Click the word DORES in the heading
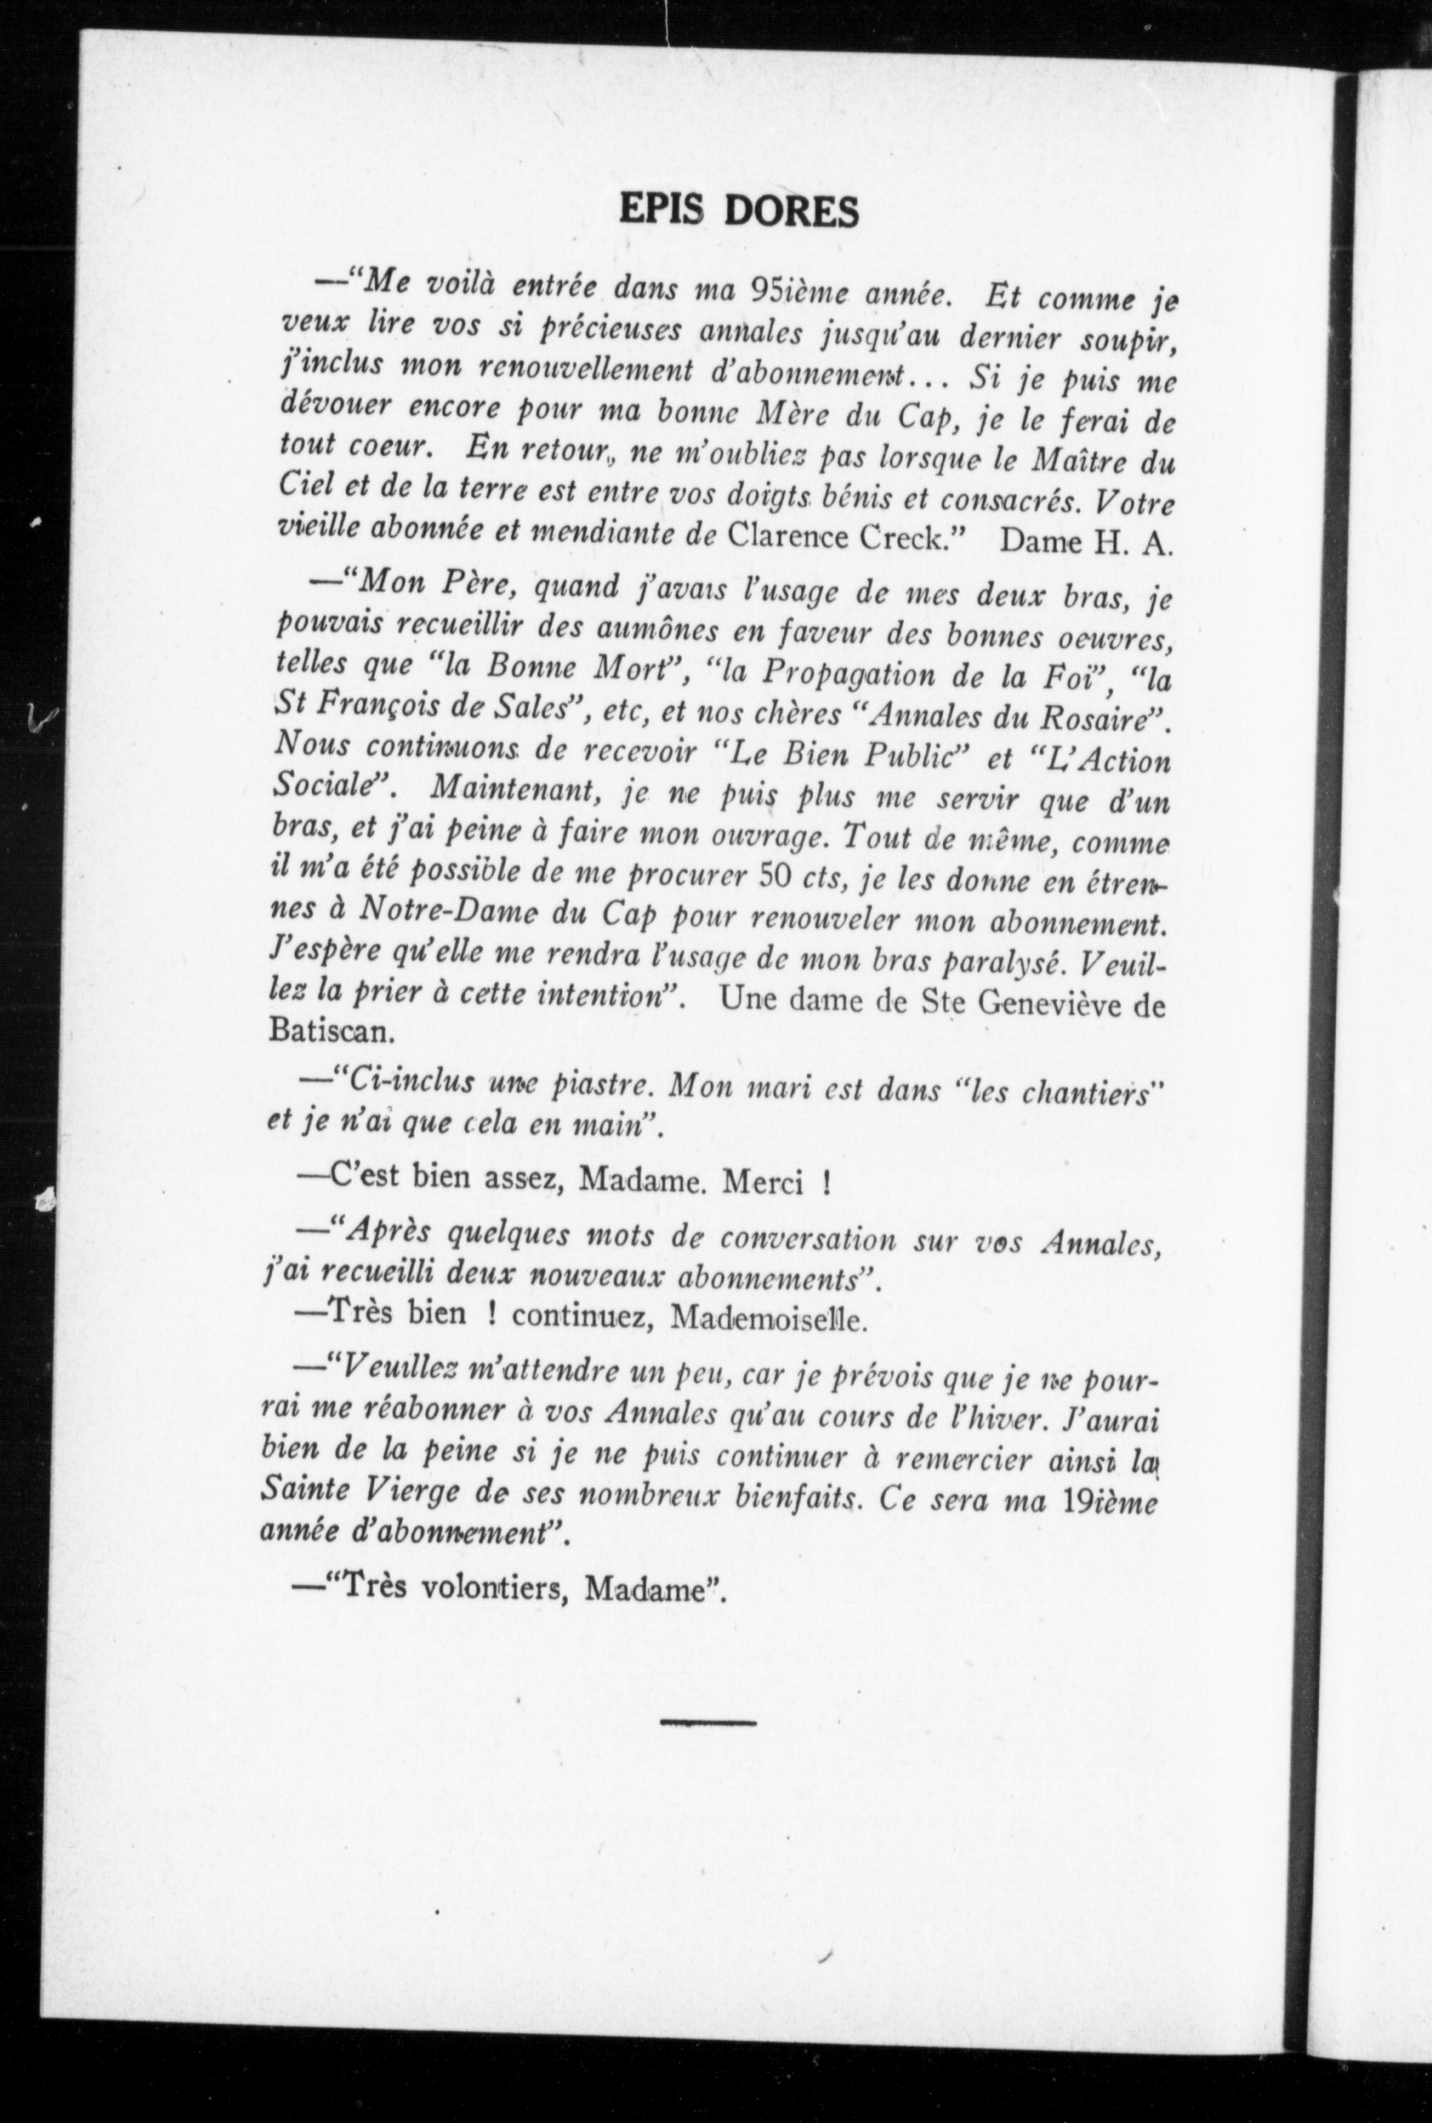[792, 211]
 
